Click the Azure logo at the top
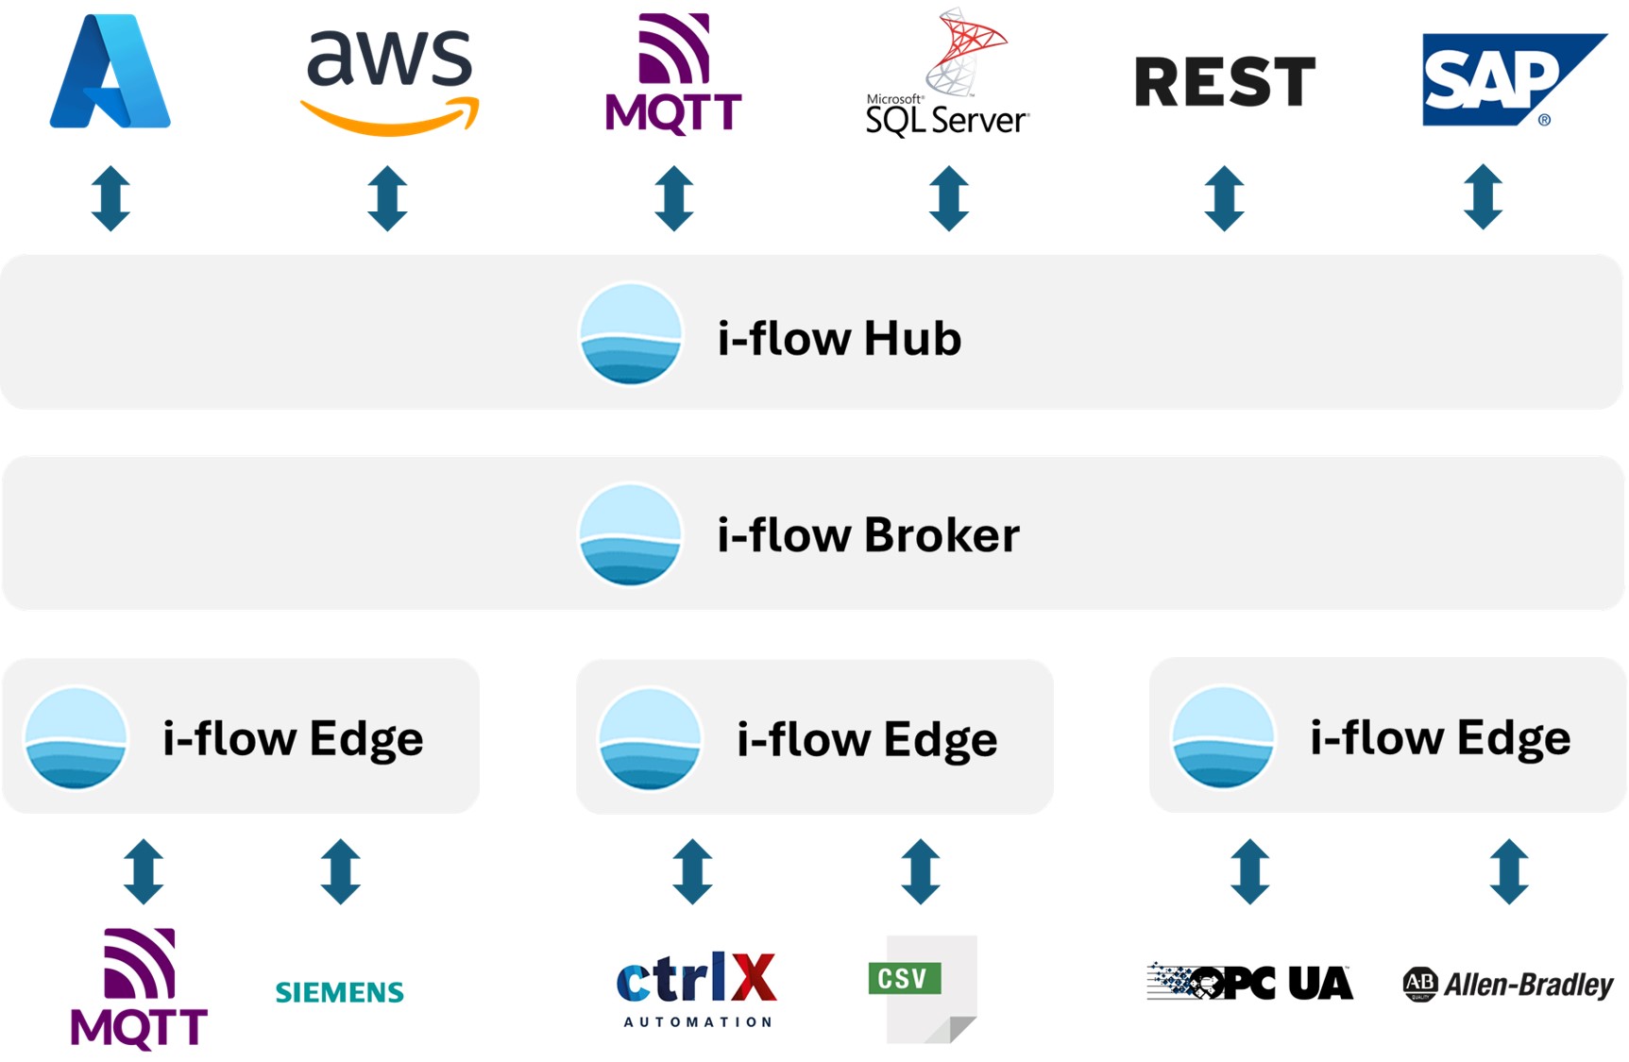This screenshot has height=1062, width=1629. pyautogui.click(x=110, y=73)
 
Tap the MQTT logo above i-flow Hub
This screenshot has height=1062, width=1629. pyautogui.click(x=673, y=74)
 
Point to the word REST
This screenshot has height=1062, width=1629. pyautogui.click(x=1224, y=81)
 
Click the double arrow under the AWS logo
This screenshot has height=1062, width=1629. pyautogui.click(x=387, y=198)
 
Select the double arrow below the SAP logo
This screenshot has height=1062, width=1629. pyautogui.click(x=1483, y=197)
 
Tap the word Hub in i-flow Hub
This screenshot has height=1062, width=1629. pyautogui.click(x=912, y=338)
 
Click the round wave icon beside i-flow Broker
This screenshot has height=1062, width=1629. pyautogui.click(x=630, y=534)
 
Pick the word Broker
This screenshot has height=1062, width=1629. pyautogui.click(x=942, y=535)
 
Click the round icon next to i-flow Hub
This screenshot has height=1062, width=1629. pyautogui.click(x=630, y=334)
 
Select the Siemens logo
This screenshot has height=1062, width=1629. pyautogui.click(x=339, y=992)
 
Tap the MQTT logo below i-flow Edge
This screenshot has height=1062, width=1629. pyautogui.click(x=139, y=988)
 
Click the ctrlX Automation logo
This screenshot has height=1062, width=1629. pyautogui.click(x=697, y=988)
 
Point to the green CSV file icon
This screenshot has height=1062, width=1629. pyautogui.click(x=921, y=986)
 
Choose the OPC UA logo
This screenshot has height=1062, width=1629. pyautogui.click(x=1249, y=983)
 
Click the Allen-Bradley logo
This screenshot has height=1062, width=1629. pyautogui.click(x=1508, y=985)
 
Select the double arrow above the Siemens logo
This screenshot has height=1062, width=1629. pyautogui.click(x=340, y=871)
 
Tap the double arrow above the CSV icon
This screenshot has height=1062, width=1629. pyautogui.click(x=921, y=871)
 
